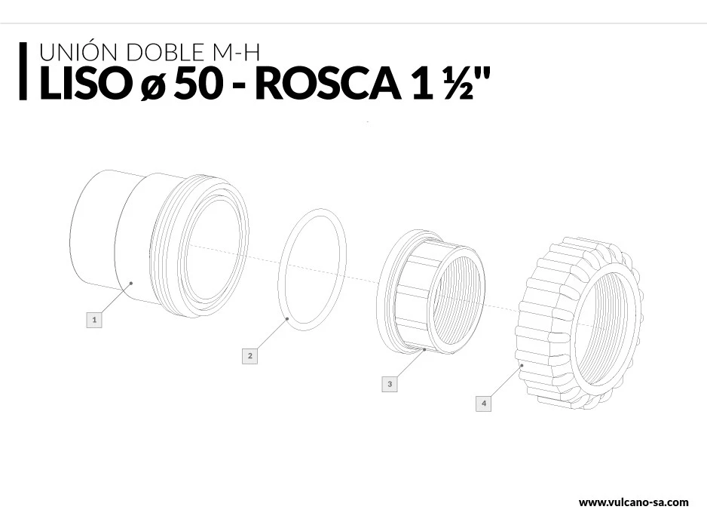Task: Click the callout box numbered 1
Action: point(94,320)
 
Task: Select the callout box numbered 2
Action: point(249,355)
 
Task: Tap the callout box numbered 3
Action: point(390,384)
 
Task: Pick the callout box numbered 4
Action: point(484,403)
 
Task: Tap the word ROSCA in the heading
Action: point(329,84)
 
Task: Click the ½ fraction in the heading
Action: point(458,84)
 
